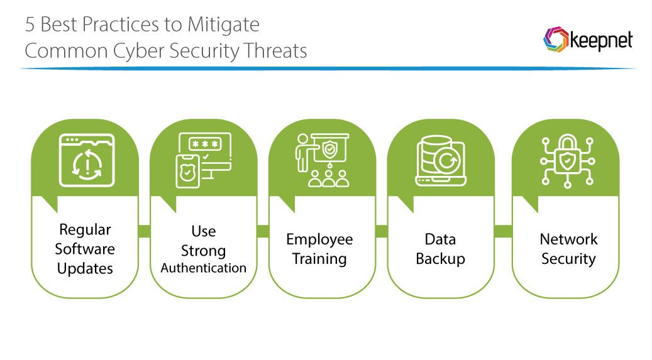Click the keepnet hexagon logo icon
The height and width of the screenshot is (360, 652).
555,40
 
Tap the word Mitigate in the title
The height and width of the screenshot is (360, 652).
223,25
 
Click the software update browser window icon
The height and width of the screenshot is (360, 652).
86,160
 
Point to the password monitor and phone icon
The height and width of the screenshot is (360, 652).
203,160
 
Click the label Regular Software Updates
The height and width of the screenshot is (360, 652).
85,249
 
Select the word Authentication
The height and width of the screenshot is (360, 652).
203,268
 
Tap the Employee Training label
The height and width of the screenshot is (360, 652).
319,249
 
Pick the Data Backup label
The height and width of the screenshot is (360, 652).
440,249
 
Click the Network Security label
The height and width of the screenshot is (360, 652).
568,249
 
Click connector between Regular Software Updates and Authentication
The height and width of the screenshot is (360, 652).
144,231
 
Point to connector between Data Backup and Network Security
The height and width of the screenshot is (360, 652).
502,231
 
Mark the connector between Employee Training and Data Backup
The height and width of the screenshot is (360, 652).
381,231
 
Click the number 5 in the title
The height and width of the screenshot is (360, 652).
30,25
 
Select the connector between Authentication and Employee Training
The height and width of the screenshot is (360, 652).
262,231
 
